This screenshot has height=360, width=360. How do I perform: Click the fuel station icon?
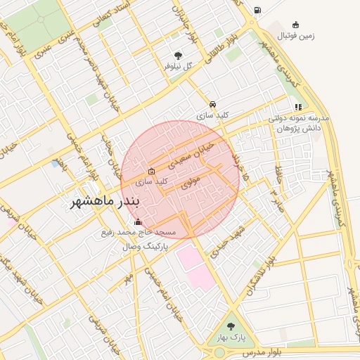tap(257, 11)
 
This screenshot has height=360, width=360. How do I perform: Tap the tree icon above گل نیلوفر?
tap(178, 55)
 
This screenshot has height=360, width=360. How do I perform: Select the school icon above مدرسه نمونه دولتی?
tap(299, 108)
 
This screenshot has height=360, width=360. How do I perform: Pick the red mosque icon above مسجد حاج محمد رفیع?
tap(137, 222)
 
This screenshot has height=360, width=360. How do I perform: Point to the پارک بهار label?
tap(232, 337)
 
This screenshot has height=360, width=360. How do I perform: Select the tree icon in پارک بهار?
tap(231, 326)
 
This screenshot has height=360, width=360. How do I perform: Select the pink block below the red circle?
tap(195, 267)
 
